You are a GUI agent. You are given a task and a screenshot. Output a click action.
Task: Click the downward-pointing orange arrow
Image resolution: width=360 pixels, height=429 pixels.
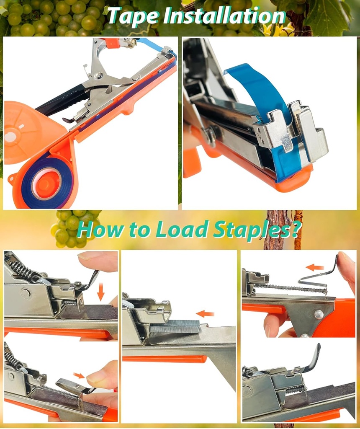coord(100,291)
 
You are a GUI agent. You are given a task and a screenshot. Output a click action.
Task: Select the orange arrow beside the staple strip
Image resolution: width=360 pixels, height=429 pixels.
coord(205,313)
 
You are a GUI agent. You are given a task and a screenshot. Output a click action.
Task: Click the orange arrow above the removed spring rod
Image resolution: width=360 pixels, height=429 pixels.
coord(314,267)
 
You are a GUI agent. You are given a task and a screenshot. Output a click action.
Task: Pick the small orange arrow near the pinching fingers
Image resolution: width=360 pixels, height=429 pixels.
coord(79,375)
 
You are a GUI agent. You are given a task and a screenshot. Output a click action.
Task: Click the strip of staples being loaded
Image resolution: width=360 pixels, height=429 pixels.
coord(175,328)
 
